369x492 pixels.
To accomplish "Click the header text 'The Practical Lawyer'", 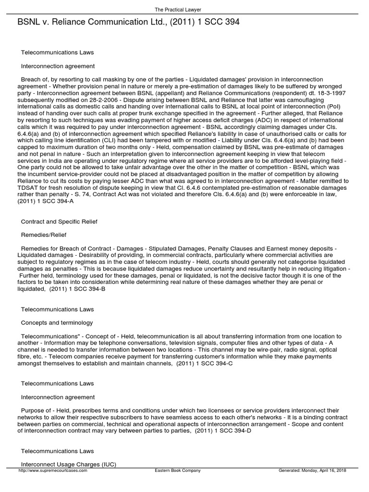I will [184, 9].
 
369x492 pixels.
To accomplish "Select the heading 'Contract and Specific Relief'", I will [59, 221].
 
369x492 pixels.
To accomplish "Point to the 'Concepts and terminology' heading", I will [57, 323].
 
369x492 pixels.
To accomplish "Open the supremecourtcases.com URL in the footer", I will [52, 470].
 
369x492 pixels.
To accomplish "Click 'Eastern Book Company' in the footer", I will [178, 470].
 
